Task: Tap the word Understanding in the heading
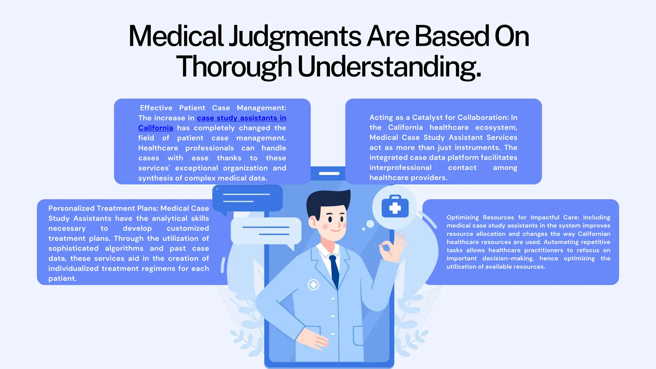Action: pos(389,67)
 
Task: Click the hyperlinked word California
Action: pos(156,128)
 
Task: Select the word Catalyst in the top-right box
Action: pos(430,118)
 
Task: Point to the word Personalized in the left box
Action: pos(71,209)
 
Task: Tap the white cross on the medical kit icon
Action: pos(395,208)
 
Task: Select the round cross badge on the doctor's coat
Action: pos(313,284)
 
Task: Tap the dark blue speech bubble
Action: pos(247,198)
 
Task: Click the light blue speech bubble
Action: pos(266,231)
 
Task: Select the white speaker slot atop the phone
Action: pos(329,174)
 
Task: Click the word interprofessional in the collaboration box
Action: pos(400,168)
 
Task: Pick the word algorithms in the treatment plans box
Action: pos(124,249)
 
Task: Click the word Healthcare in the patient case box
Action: pos(158,148)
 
